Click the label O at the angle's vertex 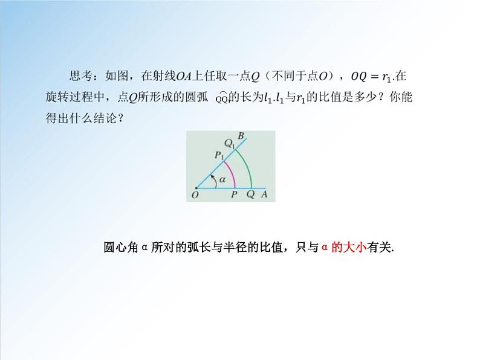[x=195, y=195]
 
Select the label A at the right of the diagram [x=264, y=194]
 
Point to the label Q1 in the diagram [x=229, y=143]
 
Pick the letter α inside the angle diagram [x=222, y=179]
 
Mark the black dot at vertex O [x=196, y=187]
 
